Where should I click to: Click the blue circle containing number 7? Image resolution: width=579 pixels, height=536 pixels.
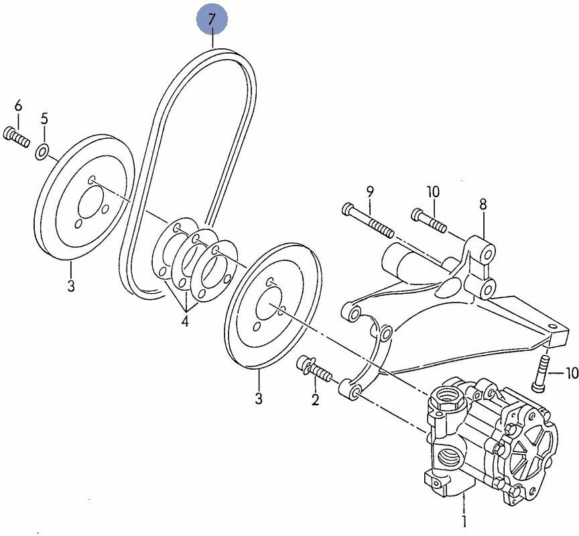(212, 20)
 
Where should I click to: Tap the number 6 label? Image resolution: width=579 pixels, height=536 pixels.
(18, 105)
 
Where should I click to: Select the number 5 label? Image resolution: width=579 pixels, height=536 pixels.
(44, 119)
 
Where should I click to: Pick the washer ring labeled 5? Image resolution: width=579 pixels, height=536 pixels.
(42, 152)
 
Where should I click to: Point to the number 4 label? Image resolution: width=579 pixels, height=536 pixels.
(184, 321)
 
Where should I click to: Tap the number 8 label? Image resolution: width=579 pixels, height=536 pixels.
(482, 205)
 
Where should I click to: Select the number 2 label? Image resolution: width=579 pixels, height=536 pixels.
(314, 401)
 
